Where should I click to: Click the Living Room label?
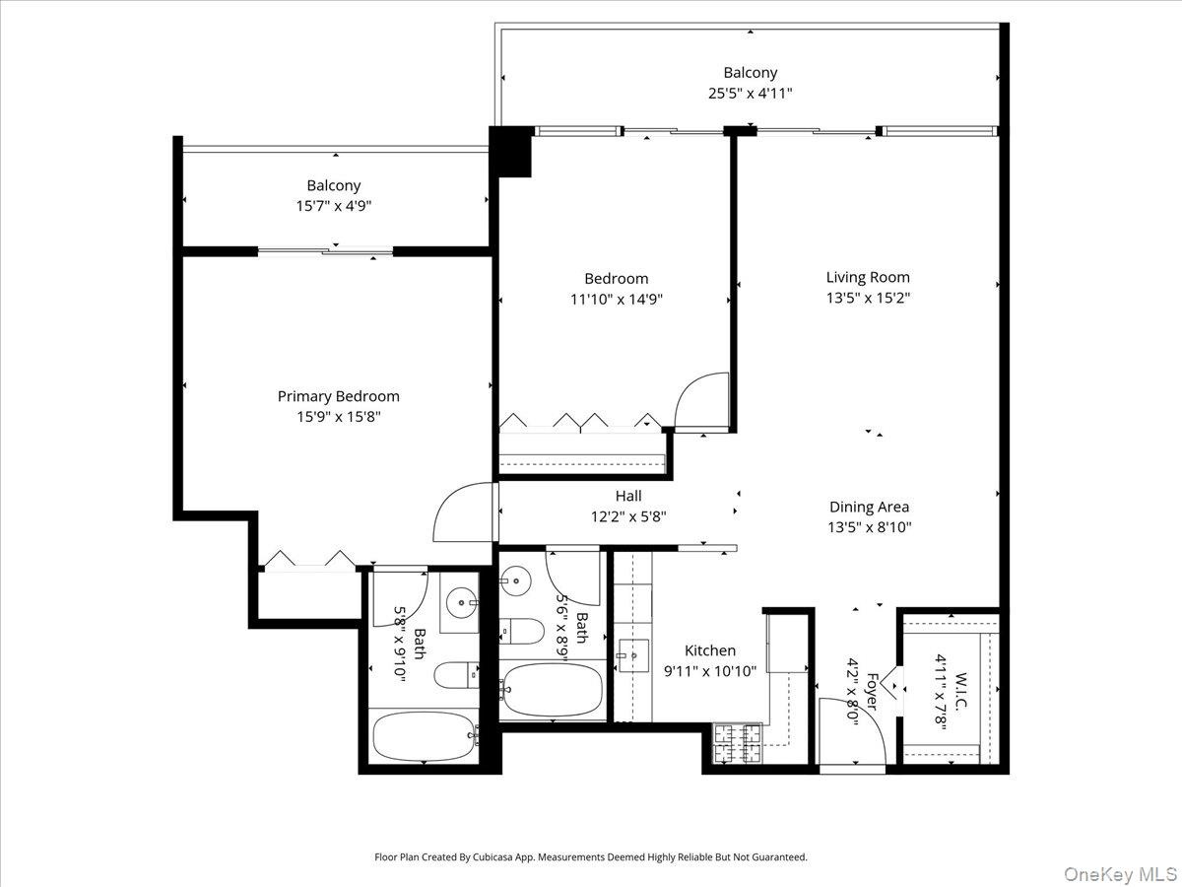(x=868, y=277)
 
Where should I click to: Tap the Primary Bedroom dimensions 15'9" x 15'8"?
(x=339, y=416)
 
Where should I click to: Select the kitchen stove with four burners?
(x=737, y=743)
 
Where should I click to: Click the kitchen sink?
(x=633, y=655)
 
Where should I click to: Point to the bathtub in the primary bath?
(x=425, y=736)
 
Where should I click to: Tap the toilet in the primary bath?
(x=456, y=675)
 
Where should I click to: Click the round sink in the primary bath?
(x=462, y=603)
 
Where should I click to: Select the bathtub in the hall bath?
(x=552, y=690)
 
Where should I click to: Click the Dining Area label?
(x=869, y=507)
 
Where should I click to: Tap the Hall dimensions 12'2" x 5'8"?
(x=628, y=517)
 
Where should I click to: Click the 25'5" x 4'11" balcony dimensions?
(x=751, y=94)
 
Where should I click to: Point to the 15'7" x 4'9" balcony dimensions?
(x=334, y=206)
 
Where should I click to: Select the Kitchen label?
(x=710, y=650)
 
